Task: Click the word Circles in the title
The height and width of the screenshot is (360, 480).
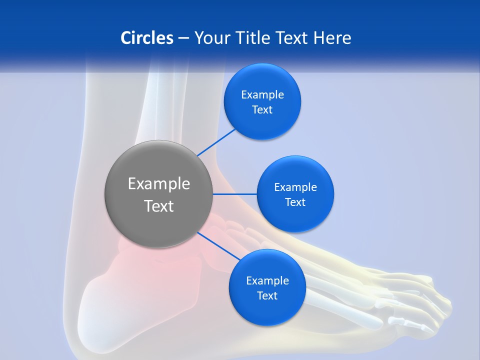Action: click(146, 38)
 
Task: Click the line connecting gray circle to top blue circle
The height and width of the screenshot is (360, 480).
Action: click(216, 142)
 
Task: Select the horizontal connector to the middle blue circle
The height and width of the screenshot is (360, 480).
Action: click(235, 194)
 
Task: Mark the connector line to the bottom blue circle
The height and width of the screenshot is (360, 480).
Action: click(218, 246)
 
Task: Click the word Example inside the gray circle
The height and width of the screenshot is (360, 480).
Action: click(158, 184)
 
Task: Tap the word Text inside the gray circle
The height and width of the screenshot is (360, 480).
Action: click(158, 206)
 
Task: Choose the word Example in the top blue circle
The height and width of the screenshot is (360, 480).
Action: click(262, 95)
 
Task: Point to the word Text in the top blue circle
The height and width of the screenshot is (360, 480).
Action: click(262, 110)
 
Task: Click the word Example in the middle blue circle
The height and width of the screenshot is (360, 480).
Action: click(295, 187)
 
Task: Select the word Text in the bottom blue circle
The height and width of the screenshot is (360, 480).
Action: click(267, 296)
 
